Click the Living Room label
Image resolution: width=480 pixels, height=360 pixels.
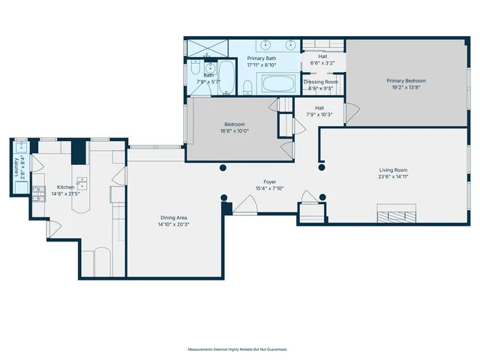[x=393, y=170]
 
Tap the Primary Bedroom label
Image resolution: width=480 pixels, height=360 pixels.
[x=406, y=80]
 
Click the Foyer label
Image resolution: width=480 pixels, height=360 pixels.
[x=268, y=181]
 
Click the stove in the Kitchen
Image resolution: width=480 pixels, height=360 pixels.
[x=38, y=198]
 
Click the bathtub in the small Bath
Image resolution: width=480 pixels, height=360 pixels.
[x=226, y=77]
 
